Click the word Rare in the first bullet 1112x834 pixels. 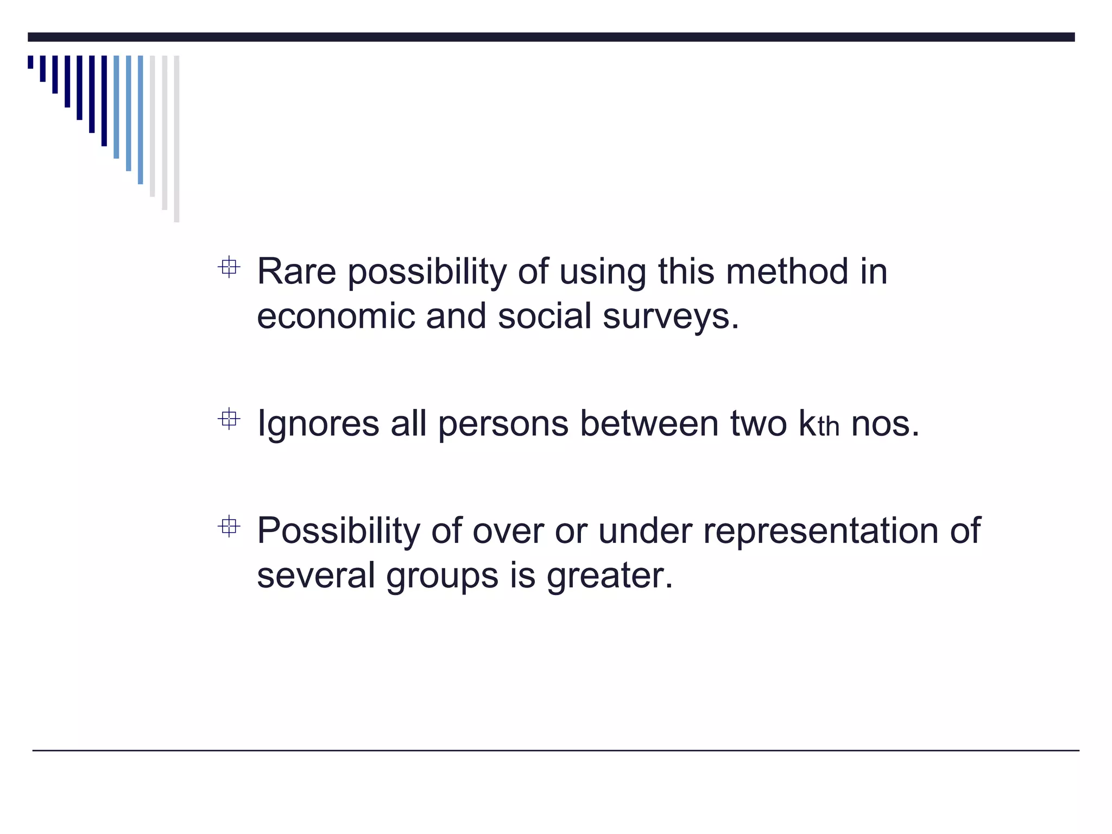tap(296, 271)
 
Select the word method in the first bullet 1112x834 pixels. tap(787, 271)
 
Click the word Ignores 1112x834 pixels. tap(318, 424)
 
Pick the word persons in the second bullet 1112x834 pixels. tap(503, 423)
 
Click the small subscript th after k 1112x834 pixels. tap(829, 427)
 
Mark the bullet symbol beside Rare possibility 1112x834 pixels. tap(229, 267)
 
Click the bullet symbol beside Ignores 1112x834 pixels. tap(229, 419)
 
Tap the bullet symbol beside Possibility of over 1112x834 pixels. tap(229, 526)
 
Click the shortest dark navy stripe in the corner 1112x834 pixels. tap(30, 62)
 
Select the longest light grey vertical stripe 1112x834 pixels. tap(176, 138)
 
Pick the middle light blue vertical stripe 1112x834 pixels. tap(129, 113)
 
